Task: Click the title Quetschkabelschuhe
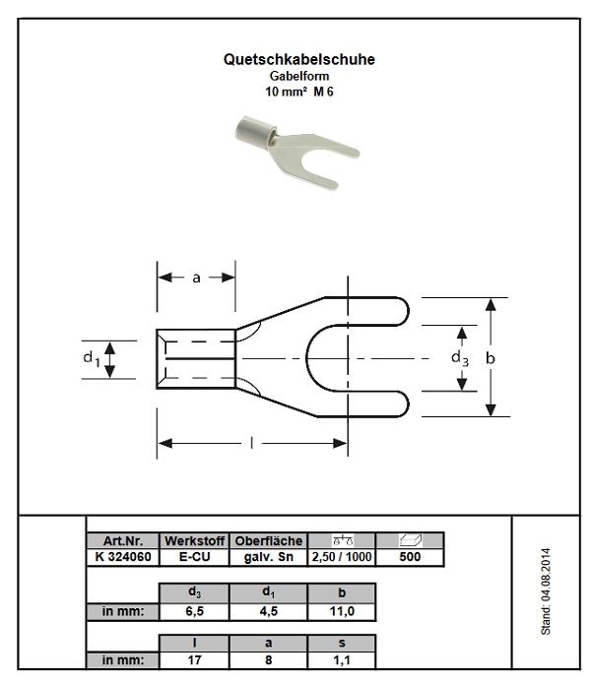[299, 60]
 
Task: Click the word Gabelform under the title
[298, 76]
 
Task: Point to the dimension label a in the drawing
[196, 278]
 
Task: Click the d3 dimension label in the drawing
[460, 358]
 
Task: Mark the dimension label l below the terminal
[252, 444]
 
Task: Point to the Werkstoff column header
[194, 542]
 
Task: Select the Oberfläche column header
[268, 542]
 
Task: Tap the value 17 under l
[194, 659]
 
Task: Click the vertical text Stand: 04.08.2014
[546, 590]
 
